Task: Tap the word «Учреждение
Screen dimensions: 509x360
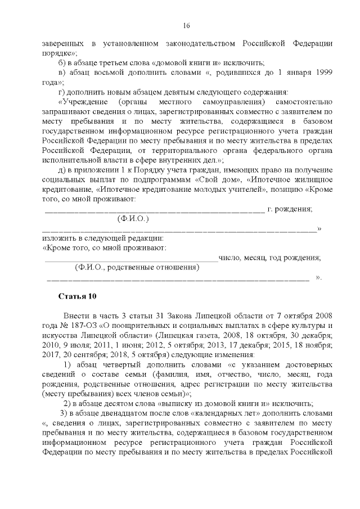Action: coord(83,102)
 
